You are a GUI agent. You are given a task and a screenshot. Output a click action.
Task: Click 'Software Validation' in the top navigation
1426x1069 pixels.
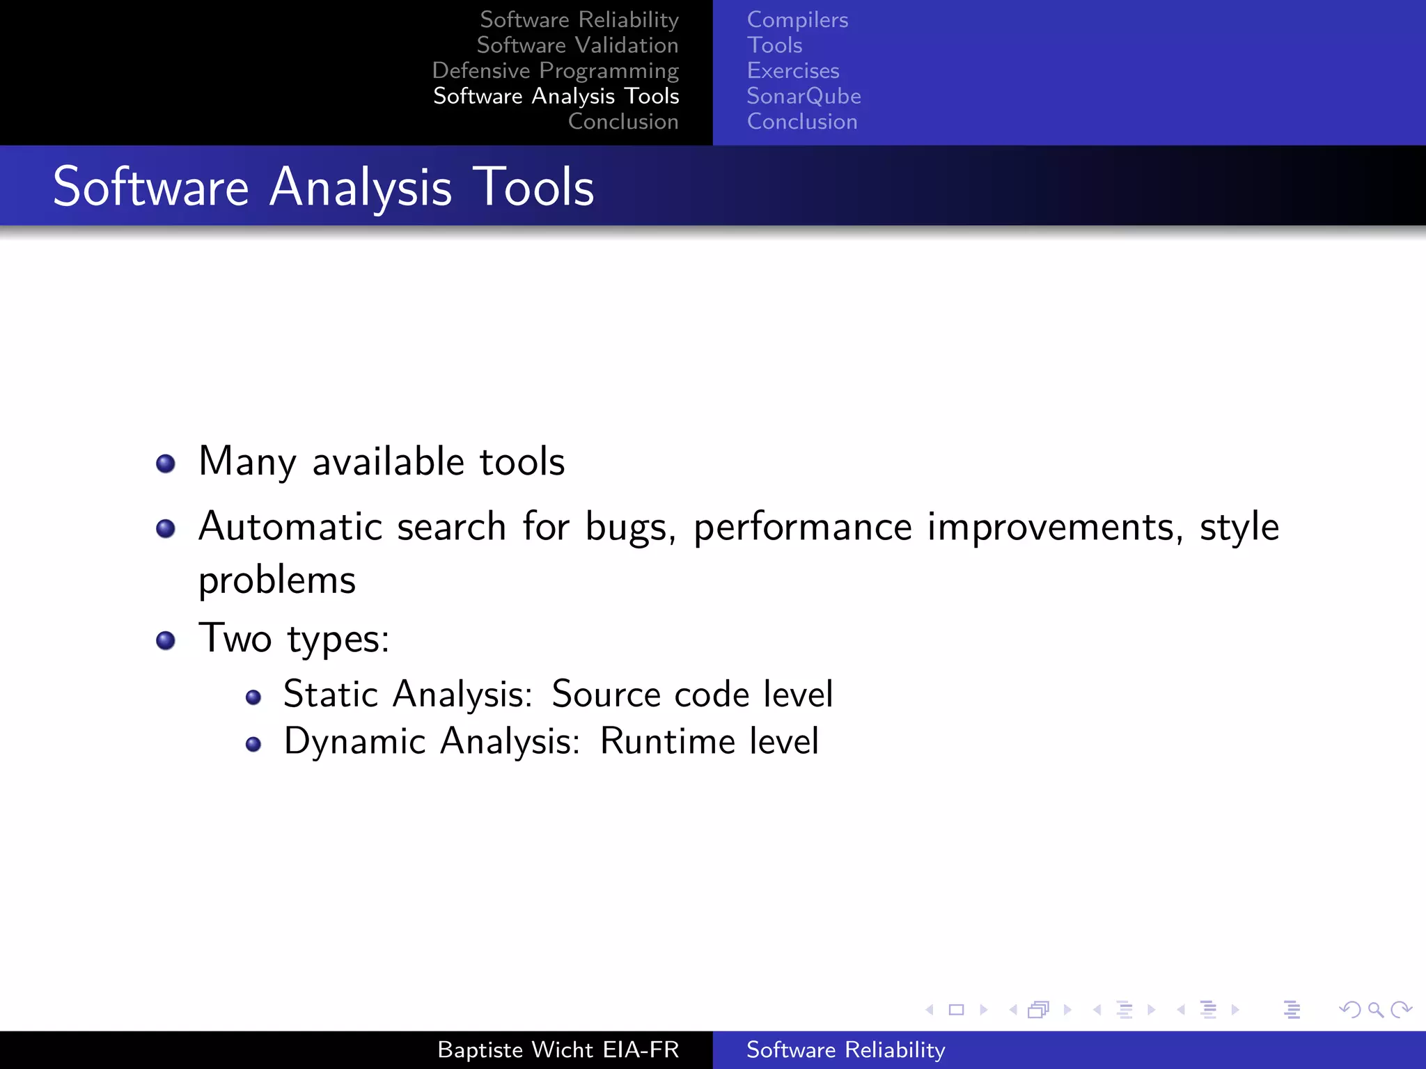pos(577,45)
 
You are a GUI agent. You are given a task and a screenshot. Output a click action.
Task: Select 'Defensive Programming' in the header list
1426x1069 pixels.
pos(555,71)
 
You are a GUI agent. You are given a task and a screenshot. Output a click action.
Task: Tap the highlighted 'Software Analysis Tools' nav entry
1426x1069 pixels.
pos(556,96)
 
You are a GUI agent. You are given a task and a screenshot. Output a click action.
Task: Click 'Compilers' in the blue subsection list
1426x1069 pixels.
pos(797,20)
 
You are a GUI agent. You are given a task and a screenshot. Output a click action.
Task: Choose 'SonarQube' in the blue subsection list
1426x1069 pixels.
pos(804,96)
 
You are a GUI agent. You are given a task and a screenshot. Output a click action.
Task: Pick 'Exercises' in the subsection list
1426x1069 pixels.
pos(793,71)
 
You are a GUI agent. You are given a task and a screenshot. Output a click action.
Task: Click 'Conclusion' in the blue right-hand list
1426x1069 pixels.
pos(802,122)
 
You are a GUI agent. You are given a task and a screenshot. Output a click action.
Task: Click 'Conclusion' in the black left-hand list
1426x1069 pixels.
pos(623,122)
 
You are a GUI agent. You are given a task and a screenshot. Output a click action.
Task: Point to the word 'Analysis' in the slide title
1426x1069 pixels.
pos(361,188)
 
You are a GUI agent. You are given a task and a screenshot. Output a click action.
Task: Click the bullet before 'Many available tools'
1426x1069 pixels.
pos(166,464)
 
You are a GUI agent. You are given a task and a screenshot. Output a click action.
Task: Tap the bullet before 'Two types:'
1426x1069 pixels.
pos(166,640)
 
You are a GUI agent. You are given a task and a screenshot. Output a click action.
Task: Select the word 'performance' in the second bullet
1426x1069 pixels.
pos(802,528)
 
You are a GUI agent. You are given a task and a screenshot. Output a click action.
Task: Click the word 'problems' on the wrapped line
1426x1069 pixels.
pos(277,580)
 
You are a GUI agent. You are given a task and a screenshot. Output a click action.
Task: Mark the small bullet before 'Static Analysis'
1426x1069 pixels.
pos(253,697)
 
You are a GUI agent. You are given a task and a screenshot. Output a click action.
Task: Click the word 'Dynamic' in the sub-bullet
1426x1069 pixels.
pos(355,741)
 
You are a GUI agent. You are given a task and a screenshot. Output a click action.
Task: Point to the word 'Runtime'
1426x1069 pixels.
pos(667,741)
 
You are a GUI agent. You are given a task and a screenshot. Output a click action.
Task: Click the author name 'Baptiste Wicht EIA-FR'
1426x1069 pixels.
pos(558,1050)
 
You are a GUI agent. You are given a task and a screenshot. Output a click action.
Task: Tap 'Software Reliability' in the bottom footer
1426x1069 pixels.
pos(845,1050)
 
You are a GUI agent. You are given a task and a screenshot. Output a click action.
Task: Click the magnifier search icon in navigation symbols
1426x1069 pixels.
pos(1375,1010)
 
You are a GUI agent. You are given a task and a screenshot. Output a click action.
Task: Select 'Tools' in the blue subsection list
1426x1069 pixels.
pos(774,45)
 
